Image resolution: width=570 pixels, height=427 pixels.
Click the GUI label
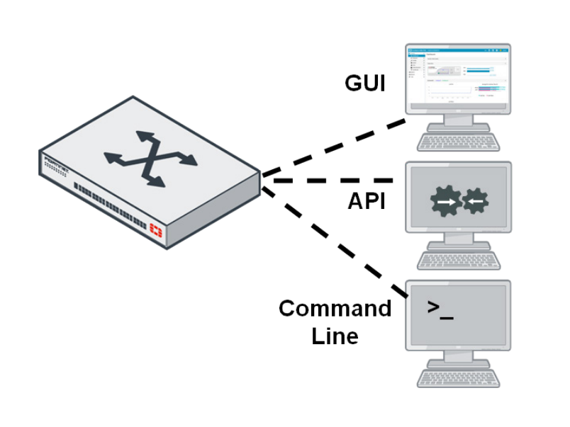click(364, 84)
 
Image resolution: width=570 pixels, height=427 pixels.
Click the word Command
click(335, 309)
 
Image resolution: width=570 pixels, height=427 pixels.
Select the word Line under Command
click(335, 335)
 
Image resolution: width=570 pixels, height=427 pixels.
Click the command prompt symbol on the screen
click(440, 309)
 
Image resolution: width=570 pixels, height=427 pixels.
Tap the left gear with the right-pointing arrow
click(444, 202)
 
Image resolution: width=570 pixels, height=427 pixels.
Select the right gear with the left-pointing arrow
click(474, 202)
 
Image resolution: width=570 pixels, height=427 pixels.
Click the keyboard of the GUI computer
click(457, 142)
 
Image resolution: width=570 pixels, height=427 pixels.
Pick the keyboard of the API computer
click(457, 260)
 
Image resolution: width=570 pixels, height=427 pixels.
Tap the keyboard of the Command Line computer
click(457, 377)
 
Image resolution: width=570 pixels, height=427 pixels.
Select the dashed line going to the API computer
click(333, 181)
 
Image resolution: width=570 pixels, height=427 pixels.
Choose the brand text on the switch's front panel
click(57, 159)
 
